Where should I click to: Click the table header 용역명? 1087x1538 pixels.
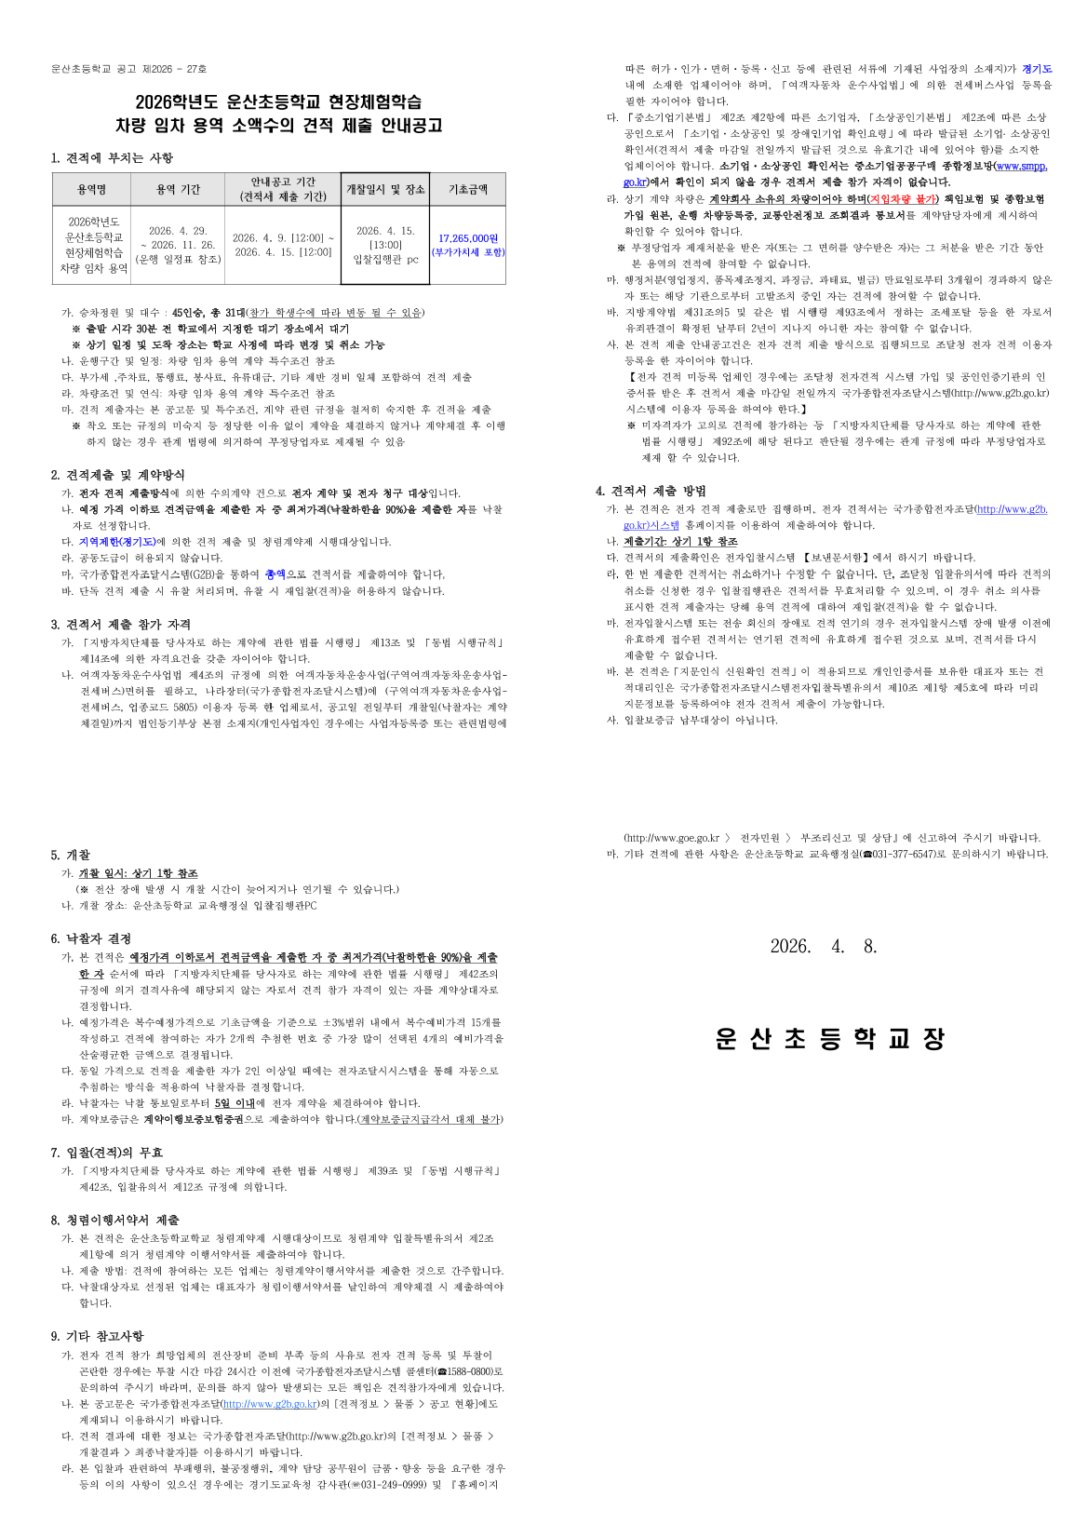point(91,189)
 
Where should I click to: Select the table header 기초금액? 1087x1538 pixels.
point(467,189)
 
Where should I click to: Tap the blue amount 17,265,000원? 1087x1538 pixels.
point(467,238)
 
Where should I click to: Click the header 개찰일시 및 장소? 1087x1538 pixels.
point(385,189)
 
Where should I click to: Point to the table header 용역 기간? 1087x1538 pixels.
point(178,189)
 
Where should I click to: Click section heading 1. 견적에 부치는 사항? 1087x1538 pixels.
point(112,157)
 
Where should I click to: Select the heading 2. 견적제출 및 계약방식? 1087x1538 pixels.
point(117,475)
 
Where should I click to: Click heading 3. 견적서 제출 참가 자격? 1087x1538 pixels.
point(121,625)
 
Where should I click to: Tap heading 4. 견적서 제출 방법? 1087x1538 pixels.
point(651,491)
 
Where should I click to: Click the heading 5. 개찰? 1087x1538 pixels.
point(71,855)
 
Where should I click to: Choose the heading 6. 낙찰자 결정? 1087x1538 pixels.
point(91,938)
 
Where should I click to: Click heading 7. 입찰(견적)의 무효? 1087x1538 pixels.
point(106,1153)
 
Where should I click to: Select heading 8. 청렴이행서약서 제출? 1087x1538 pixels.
point(114,1220)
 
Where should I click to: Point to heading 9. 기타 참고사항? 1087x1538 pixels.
point(97,1336)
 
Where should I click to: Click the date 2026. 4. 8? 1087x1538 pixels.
point(824,947)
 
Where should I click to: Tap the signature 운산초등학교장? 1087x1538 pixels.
point(830,1038)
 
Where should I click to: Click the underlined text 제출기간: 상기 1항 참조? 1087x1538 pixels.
point(680,542)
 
